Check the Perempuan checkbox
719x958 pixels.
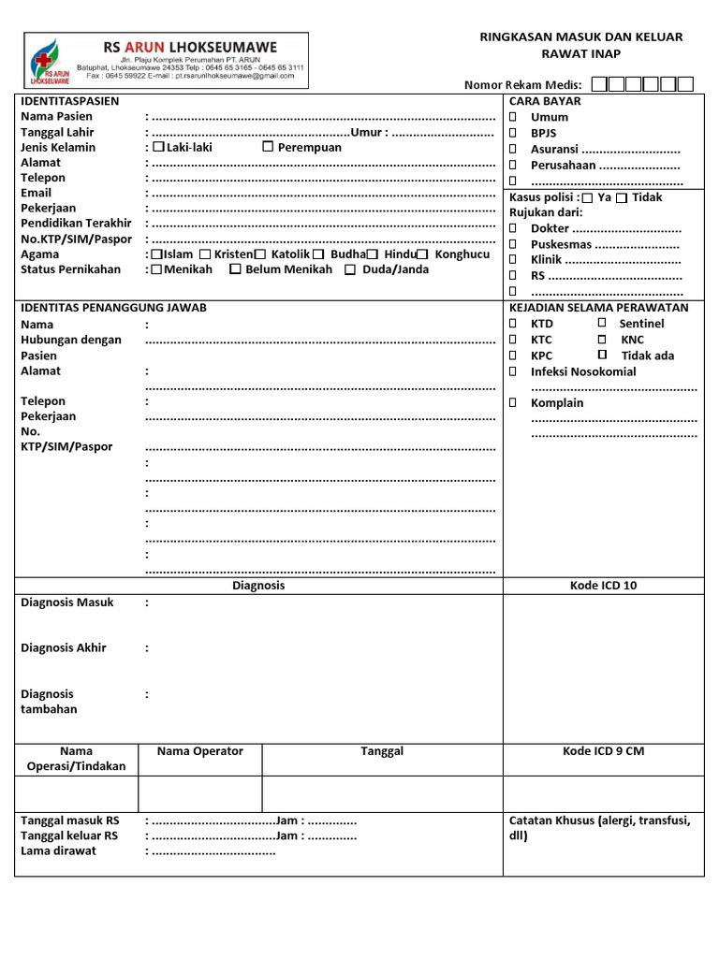pyautogui.click(x=268, y=147)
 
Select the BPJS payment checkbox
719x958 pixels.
pyautogui.click(x=513, y=133)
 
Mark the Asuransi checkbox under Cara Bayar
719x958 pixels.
pyautogui.click(x=513, y=149)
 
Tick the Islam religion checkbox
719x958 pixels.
pyautogui.click(x=156, y=254)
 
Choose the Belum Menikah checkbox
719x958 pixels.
pyautogui.click(x=236, y=269)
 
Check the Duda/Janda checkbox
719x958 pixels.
pyautogui.click(x=350, y=269)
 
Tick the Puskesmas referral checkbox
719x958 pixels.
pyautogui.click(x=513, y=244)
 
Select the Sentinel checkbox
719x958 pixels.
pyautogui.click(x=602, y=323)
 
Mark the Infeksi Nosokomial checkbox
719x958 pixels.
pyautogui.click(x=513, y=371)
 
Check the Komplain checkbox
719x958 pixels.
pyautogui.click(x=513, y=403)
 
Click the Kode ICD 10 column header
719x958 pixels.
pyautogui.click(x=603, y=586)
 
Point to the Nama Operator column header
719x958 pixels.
pyautogui.click(x=199, y=751)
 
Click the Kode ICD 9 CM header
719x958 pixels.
pyautogui.click(x=603, y=751)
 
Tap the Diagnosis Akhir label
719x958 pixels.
pyautogui.click(x=64, y=648)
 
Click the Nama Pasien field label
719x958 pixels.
pyautogui.click(x=56, y=116)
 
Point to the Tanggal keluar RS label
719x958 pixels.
pyautogui.click(x=69, y=835)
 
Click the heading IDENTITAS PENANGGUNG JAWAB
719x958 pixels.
pyautogui.click(x=113, y=308)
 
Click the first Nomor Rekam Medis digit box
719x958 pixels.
pyautogui.click(x=598, y=85)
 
